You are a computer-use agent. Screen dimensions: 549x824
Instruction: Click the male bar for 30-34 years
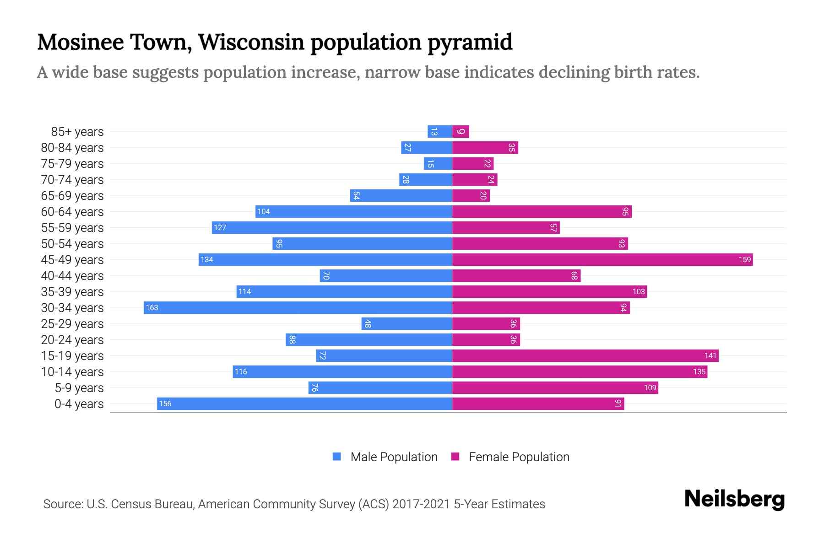[298, 307]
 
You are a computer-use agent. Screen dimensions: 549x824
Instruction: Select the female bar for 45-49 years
[602, 259]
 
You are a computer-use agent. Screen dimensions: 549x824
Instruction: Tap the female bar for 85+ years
[461, 132]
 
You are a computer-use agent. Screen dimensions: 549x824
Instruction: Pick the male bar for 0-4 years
[304, 404]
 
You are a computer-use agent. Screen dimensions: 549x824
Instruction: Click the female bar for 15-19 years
[585, 355]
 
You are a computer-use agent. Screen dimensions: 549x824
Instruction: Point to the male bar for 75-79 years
[438, 164]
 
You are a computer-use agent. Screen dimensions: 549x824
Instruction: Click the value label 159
[744, 259]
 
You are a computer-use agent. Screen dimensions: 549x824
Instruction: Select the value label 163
[152, 307]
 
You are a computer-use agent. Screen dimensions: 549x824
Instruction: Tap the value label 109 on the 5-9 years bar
[650, 388]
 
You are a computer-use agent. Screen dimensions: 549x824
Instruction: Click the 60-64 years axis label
[72, 212]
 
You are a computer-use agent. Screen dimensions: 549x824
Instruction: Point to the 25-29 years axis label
[72, 324]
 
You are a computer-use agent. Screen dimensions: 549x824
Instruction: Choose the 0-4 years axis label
[79, 404]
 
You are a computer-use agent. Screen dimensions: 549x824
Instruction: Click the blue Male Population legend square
[337, 457]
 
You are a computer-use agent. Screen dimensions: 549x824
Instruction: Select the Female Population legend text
[519, 457]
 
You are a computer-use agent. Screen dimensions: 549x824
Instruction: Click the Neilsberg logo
[734, 499]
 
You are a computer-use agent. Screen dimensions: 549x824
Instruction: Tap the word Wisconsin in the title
[251, 42]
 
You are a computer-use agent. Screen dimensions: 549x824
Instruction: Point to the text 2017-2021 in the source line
[421, 504]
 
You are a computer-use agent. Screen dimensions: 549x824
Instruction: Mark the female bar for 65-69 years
[471, 196]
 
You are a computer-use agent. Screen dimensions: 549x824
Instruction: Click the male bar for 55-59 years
[332, 227]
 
